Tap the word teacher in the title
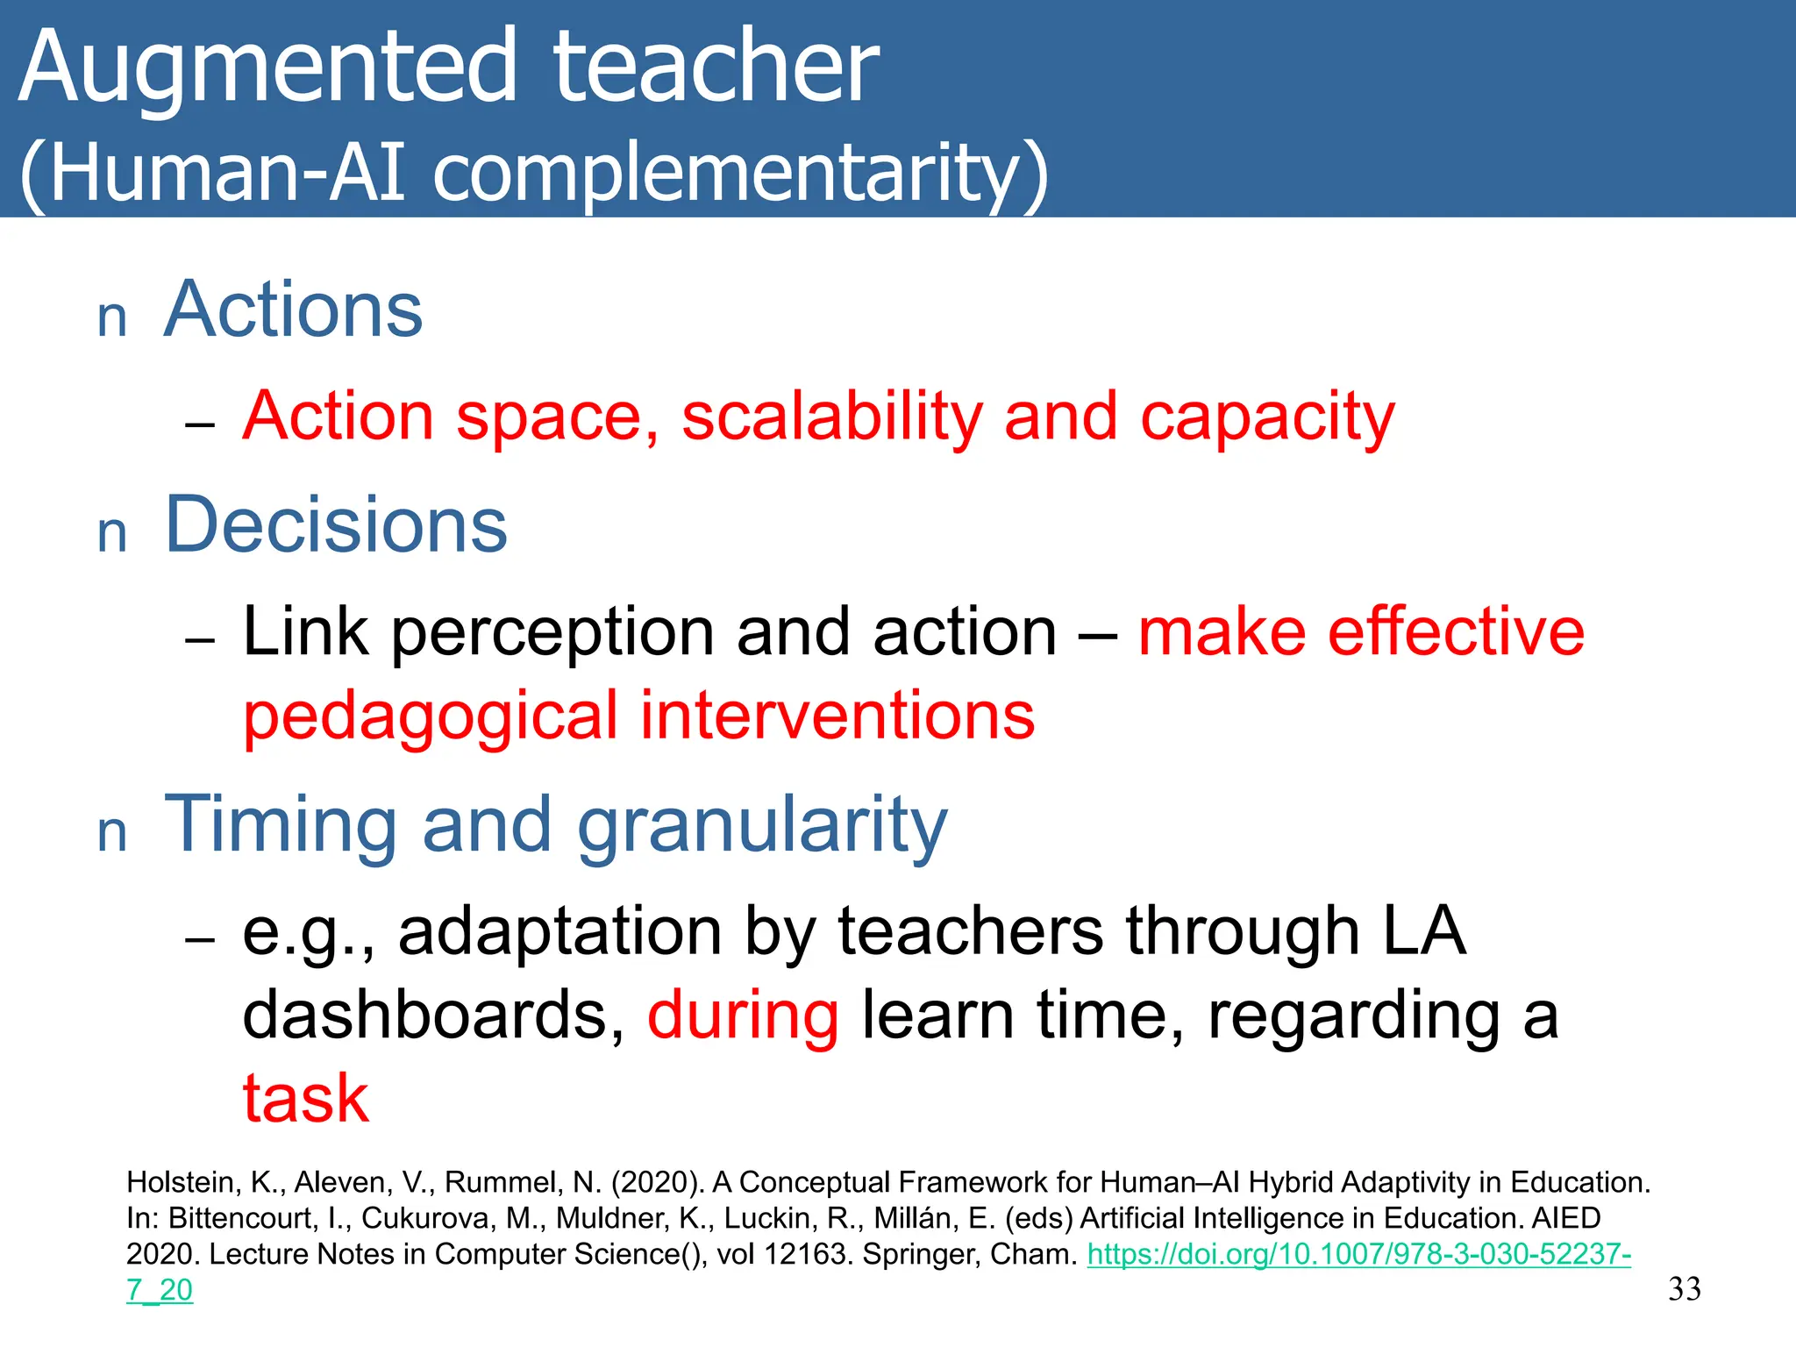pyautogui.click(x=715, y=68)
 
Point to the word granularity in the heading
pyautogui.click(x=762, y=826)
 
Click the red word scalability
pyautogui.click(x=831, y=417)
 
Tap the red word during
pyautogui.click(x=743, y=1015)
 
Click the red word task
pyautogui.click(x=305, y=1098)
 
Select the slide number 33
pyautogui.click(x=1684, y=1289)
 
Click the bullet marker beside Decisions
pyautogui.click(x=112, y=533)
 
